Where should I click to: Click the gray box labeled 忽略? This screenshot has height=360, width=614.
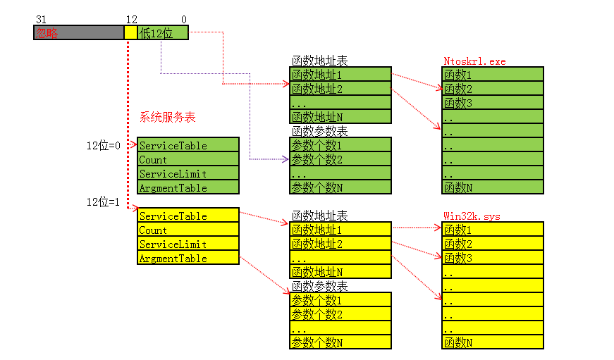(78, 32)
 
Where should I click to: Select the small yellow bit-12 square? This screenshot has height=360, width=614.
(130, 32)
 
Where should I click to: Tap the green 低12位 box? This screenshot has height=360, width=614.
(163, 32)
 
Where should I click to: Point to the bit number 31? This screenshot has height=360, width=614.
(39, 20)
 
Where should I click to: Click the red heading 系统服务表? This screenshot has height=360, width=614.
(168, 118)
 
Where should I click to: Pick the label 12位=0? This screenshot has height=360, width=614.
(104, 145)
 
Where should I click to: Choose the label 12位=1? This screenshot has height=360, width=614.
(104, 201)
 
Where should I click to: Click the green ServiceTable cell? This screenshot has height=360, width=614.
(188, 145)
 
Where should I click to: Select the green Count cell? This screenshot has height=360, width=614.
(188, 159)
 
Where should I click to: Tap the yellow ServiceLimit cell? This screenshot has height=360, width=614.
(188, 244)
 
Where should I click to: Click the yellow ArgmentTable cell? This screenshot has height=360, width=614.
(188, 258)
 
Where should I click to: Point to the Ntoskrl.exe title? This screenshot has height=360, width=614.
(474, 61)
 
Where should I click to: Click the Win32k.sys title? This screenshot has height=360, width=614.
(472, 216)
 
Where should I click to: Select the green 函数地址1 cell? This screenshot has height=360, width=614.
(340, 75)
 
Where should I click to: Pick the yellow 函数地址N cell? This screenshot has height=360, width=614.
(340, 271)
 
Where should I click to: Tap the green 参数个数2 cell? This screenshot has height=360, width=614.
(340, 159)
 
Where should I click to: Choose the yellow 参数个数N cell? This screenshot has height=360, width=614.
(340, 342)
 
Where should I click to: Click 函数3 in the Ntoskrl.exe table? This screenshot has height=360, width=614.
(493, 103)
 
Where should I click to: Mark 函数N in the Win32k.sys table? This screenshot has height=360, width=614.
(493, 342)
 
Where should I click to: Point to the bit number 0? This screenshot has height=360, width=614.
(184, 20)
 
